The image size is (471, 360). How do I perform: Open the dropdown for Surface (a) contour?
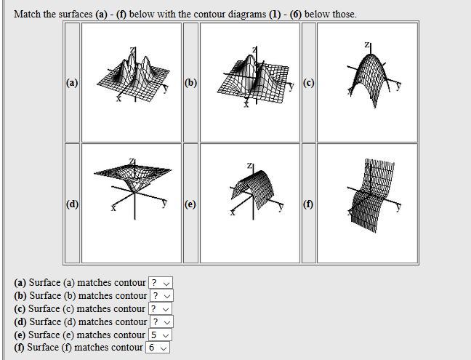(x=161, y=283)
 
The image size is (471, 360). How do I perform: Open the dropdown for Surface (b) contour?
(x=161, y=296)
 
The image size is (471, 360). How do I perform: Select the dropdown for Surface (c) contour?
(x=161, y=309)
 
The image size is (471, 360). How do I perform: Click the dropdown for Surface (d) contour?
(x=161, y=322)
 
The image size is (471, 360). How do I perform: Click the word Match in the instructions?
(x=28, y=14)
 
